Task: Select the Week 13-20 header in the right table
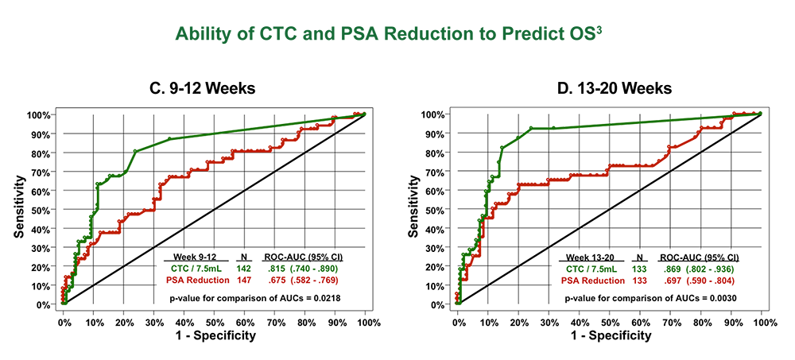coord(590,257)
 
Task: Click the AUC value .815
coord(273,269)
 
